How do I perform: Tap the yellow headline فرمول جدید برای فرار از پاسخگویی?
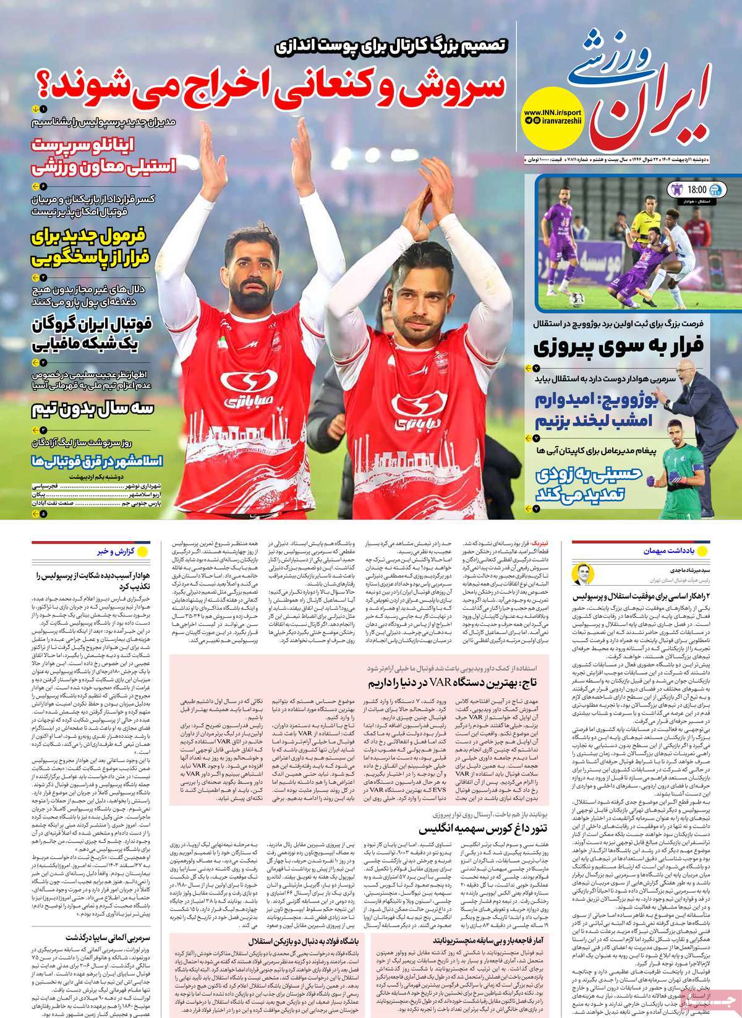click(93, 246)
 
